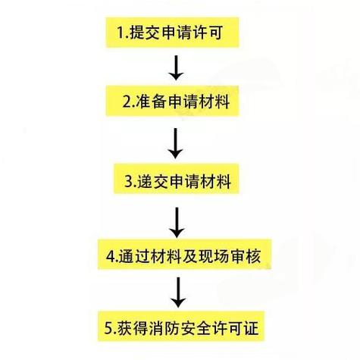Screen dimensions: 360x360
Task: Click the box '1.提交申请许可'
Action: pyautogui.click(x=172, y=33)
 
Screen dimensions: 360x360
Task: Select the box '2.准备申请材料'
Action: pyautogui.click(x=172, y=101)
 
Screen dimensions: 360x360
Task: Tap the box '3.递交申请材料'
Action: pyautogui.click(x=176, y=179)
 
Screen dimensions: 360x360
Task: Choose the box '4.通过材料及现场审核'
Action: pyautogui.click(x=184, y=255)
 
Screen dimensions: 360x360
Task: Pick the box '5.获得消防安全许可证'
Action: pyautogui.click(x=181, y=326)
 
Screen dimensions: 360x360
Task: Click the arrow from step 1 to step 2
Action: pyautogui.click(x=176, y=67)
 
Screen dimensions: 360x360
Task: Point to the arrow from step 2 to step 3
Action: pyautogui.click(x=175, y=143)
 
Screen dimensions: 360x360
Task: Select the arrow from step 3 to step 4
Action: pyautogui.click(x=177, y=223)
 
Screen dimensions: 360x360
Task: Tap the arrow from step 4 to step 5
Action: pyautogui.click(x=178, y=293)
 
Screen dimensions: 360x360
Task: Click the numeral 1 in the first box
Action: pyautogui.click(x=121, y=33)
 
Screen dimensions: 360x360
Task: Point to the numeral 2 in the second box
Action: pyautogui.click(x=127, y=102)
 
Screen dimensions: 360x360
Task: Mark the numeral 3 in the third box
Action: pyautogui.click(x=128, y=181)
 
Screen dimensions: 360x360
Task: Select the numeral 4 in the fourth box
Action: pyautogui.click(x=111, y=256)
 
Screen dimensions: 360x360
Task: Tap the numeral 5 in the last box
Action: pyautogui.click(x=108, y=327)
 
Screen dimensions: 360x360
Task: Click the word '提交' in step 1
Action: pyautogui.click(x=144, y=33)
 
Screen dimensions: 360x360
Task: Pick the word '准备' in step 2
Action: pyautogui.click(x=150, y=102)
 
